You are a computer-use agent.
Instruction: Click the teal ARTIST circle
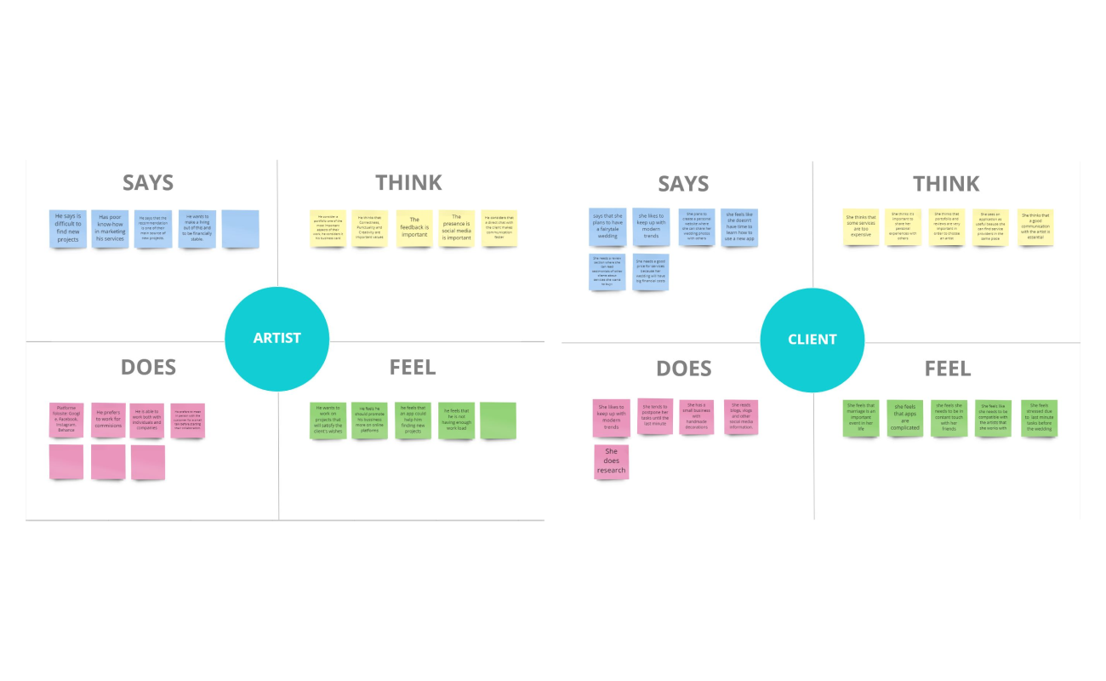pyautogui.click(x=276, y=339)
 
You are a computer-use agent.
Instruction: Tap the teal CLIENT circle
pyautogui.click(x=812, y=339)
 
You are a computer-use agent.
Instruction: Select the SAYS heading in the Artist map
pyautogui.click(x=148, y=183)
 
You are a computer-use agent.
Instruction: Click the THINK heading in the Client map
pyautogui.click(x=946, y=184)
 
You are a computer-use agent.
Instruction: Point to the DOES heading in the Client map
pyautogui.click(x=684, y=369)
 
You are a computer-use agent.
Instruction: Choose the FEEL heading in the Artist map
pyautogui.click(x=413, y=368)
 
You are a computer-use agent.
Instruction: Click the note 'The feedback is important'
pyautogui.click(x=414, y=228)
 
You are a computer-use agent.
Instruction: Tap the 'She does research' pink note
pyautogui.click(x=611, y=461)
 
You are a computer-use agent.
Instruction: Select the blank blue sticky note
pyautogui.click(x=240, y=229)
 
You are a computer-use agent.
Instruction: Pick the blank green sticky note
pyautogui.click(x=498, y=420)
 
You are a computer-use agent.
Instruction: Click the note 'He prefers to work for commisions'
pyautogui.click(x=108, y=420)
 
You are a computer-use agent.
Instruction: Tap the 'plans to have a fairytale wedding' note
pyautogui.click(x=607, y=226)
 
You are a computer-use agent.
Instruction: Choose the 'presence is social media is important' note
pyautogui.click(x=456, y=228)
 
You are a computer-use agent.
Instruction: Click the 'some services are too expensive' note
pyautogui.click(x=860, y=226)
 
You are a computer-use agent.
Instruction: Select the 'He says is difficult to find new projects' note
pyautogui.click(x=67, y=228)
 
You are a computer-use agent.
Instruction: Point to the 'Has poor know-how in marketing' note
pyautogui.click(x=110, y=228)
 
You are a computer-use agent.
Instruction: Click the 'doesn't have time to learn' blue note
pyautogui.click(x=738, y=226)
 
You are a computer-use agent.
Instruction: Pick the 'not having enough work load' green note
pyautogui.click(x=456, y=420)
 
